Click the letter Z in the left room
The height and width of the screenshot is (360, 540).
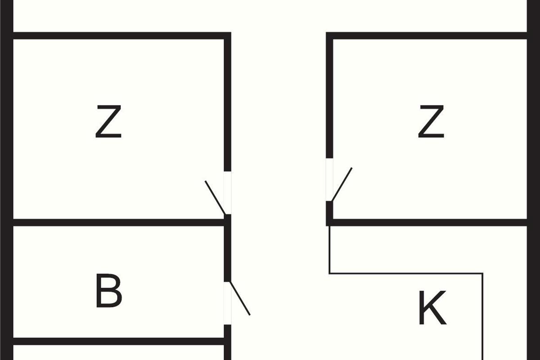tap(108, 121)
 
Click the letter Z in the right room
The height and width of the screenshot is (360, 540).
tap(431, 121)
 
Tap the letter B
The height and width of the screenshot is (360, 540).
tap(109, 291)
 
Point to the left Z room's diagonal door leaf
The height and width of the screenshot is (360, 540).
tap(215, 198)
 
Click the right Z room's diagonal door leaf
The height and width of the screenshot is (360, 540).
tap(342, 184)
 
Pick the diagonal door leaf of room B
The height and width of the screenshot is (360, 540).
tap(240, 298)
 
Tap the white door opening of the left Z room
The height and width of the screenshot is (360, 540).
tap(228, 193)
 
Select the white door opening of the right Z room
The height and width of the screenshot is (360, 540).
tap(329, 180)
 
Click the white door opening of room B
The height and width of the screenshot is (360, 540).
tap(228, 303)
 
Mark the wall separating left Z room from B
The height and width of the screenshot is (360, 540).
tap(119, 223)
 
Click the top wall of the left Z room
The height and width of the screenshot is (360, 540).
tap(122, 36)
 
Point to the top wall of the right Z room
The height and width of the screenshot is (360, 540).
tap(426, 36)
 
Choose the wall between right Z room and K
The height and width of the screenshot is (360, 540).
tap(430, 223)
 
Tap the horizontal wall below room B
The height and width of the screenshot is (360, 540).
tap(119, 342)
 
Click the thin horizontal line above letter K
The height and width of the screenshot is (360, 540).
tap(406, 274)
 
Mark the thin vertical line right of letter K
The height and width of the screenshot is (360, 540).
tap(482, 317)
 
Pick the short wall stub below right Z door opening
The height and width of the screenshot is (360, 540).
tap(329, 214)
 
